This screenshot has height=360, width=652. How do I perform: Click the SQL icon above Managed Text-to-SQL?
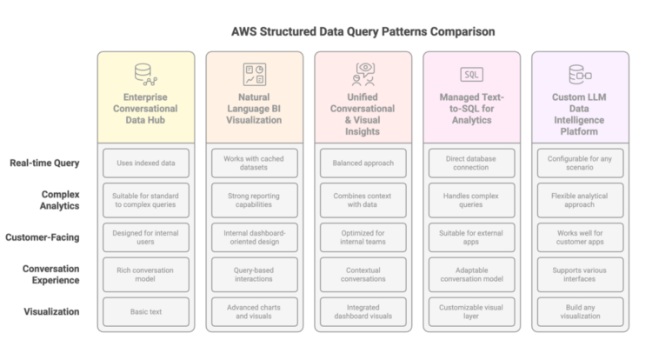[471, 74]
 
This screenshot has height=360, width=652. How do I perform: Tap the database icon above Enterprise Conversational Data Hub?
[145, 74]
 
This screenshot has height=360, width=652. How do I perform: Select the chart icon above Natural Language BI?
[254, 74]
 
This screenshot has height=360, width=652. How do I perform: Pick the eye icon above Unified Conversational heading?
[363, 74]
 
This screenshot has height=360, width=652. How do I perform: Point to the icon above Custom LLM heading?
[580, 74]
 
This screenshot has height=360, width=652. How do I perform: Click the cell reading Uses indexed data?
[145, 163]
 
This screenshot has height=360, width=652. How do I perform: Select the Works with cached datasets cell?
[254, 163]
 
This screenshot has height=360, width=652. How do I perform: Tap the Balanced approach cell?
[363, 163]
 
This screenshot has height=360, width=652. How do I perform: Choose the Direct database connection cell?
[471, 163]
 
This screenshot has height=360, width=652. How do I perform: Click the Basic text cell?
[145, 310]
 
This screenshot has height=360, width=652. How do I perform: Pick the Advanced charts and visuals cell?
[254, 310]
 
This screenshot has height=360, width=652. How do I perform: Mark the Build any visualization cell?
[580, 310]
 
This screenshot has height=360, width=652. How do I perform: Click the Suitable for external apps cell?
[471, 237]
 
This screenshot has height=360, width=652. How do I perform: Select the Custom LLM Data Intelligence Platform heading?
[580, 114]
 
